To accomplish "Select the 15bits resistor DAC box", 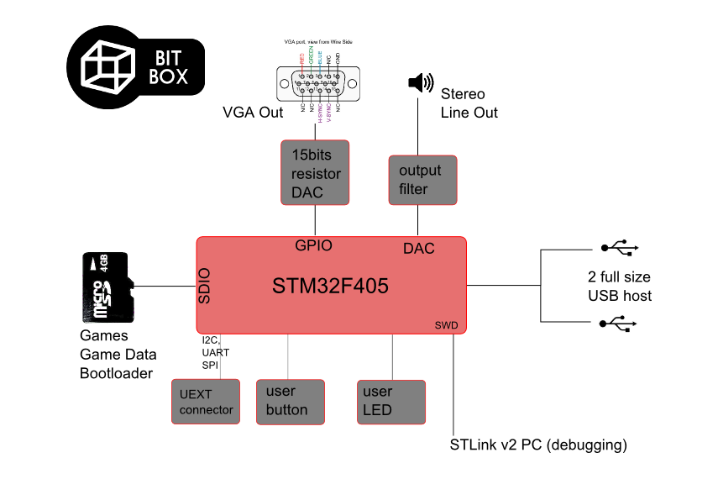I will pyautogui.click(x=315, y=173).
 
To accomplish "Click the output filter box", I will pyautogui.click(x=422, y=179).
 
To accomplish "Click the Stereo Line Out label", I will pyautogui.click(x=469, y=103).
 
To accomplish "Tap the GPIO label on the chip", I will pyautogui.click(x=314, y=246).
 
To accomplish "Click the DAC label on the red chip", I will pyautogui.click(x=419, y=249).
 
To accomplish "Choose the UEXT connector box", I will pyautogui.click(x=205, y=402).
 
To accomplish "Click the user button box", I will pyautogui.click(x=290, y=402).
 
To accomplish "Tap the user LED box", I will pyautogui.click(x=391, y=402).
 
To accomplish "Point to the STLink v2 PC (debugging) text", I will pyautogui.click(x=539, y=444).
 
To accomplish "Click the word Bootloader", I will pyautogui.click(x=116, y=372).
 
